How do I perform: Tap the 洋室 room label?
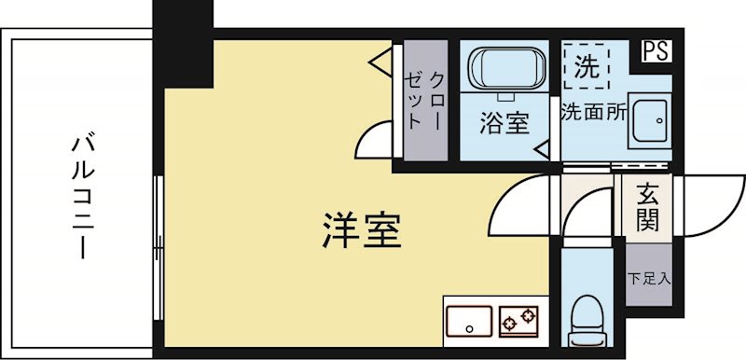click(x=363, y=230)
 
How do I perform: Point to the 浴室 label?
click(x=504, y=123)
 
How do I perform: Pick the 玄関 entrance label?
click(x=648, y=207)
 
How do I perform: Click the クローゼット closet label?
click(x=425, y=97)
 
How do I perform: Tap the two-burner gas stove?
click(x=519, y=322)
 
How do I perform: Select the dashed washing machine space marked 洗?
click(x=586, y=66)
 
